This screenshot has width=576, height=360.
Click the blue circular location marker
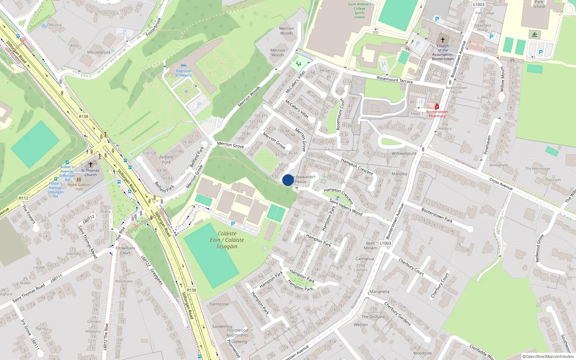[288, 180]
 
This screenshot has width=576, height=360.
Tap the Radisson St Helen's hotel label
[183, 73]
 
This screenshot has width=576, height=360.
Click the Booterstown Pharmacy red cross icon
[437, 107]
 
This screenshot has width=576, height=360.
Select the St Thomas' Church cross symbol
[91, 165]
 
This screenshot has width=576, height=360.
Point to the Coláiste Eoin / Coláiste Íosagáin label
[227, 240]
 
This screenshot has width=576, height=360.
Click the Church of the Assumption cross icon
[443, 40]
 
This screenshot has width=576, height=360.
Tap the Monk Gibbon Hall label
[79, 187]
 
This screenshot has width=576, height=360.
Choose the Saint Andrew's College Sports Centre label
[359, 11]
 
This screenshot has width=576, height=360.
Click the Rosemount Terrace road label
[395, 80]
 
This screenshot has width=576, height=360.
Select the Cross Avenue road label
[501, 184]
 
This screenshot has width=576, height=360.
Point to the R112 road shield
[24, 198]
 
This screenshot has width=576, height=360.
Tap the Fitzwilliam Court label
[125, 250]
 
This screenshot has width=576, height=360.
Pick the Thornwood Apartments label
[237, 333]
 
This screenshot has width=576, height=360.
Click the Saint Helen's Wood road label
[346, 207]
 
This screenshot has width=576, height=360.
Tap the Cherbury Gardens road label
[397, 314]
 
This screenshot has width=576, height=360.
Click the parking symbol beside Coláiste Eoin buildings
[233, 224]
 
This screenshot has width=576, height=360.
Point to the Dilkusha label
[54, 25]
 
